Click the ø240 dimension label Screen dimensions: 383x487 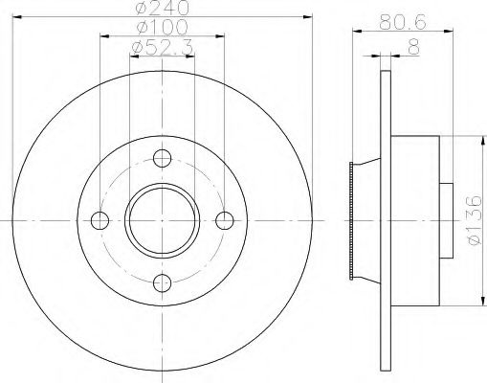coord(162,9)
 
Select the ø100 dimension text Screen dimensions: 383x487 coord(162,28)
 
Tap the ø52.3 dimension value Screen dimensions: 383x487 coord(162,47)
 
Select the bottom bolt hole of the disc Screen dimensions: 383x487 coord(163,282)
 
